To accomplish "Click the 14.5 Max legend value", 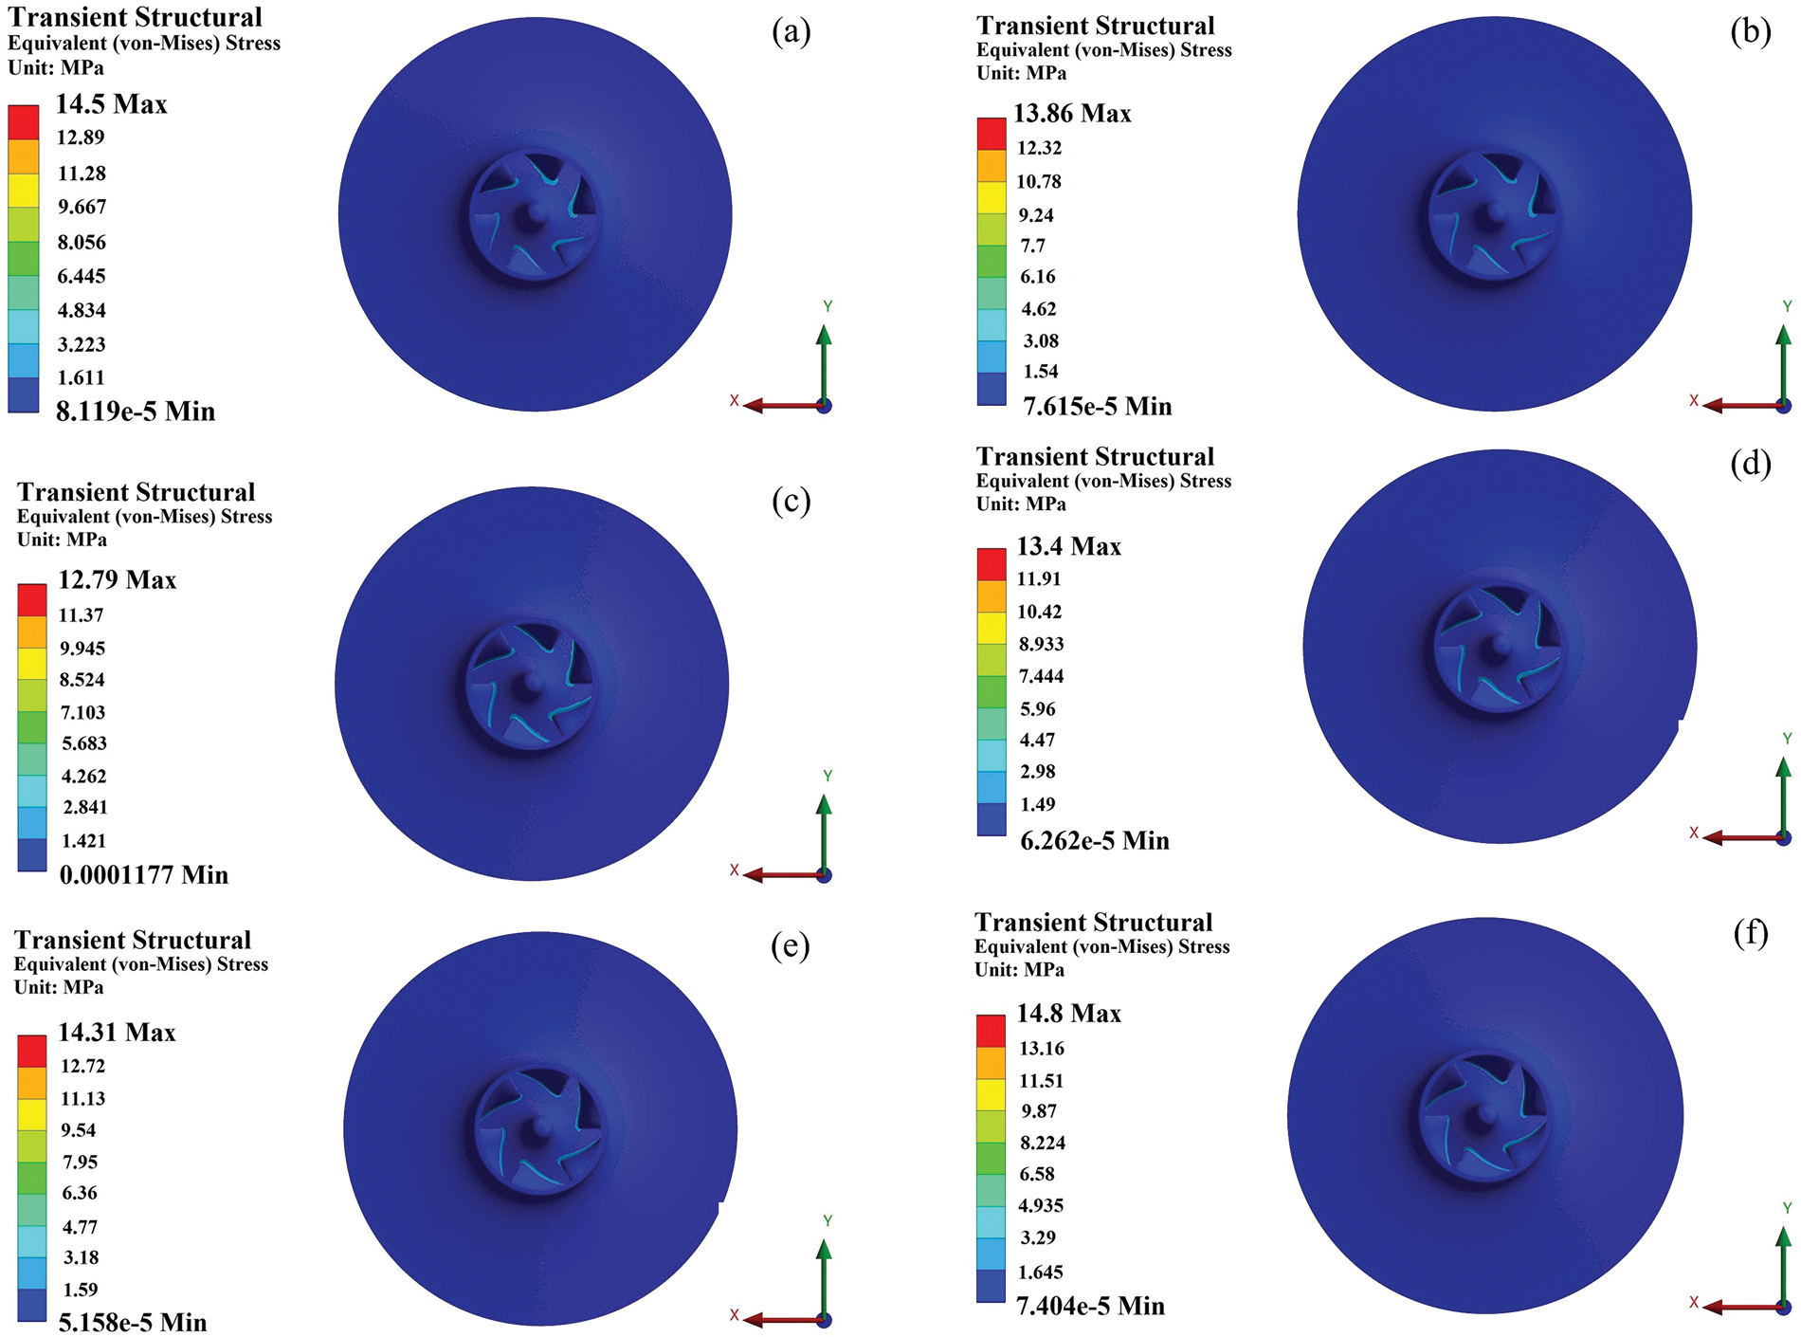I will (x=111, y=104).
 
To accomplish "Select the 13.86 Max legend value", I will (x=1072, y=114).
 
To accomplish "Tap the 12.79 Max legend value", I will (x=118, y=579).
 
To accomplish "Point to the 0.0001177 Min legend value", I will (x=144, y=874).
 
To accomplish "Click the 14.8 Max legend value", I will (x=1068, y=1014).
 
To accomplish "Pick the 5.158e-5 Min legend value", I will (x=133, y=1322).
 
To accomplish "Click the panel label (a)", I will (x=791, y=32).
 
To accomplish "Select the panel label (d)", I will (x=1750, y=463).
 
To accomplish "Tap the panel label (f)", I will (x=1750, y=933).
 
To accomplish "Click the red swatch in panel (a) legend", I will (x=24, y=122).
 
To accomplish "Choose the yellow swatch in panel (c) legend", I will (x=32, y=663).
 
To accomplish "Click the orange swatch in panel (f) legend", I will (x=991, y=1062).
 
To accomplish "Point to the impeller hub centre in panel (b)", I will (x=1494, y=214).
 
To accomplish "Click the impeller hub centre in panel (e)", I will (x=540, y=1128).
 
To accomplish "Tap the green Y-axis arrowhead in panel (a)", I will (x=824, y=335).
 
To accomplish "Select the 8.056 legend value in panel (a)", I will (x=82, y=242).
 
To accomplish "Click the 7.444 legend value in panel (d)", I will (x=1041, y=676).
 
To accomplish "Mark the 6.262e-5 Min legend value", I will (x=1094, y=841).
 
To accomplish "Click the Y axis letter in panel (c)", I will (x=828, y=776).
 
